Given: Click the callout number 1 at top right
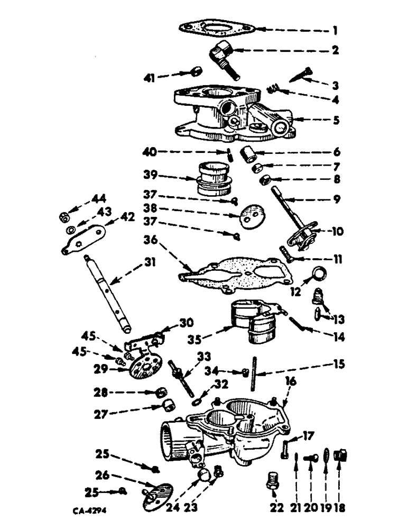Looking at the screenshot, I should tap(334, 30).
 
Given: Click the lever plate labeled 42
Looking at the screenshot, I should tap(85, 238).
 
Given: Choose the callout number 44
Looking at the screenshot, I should tap(98, 199).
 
